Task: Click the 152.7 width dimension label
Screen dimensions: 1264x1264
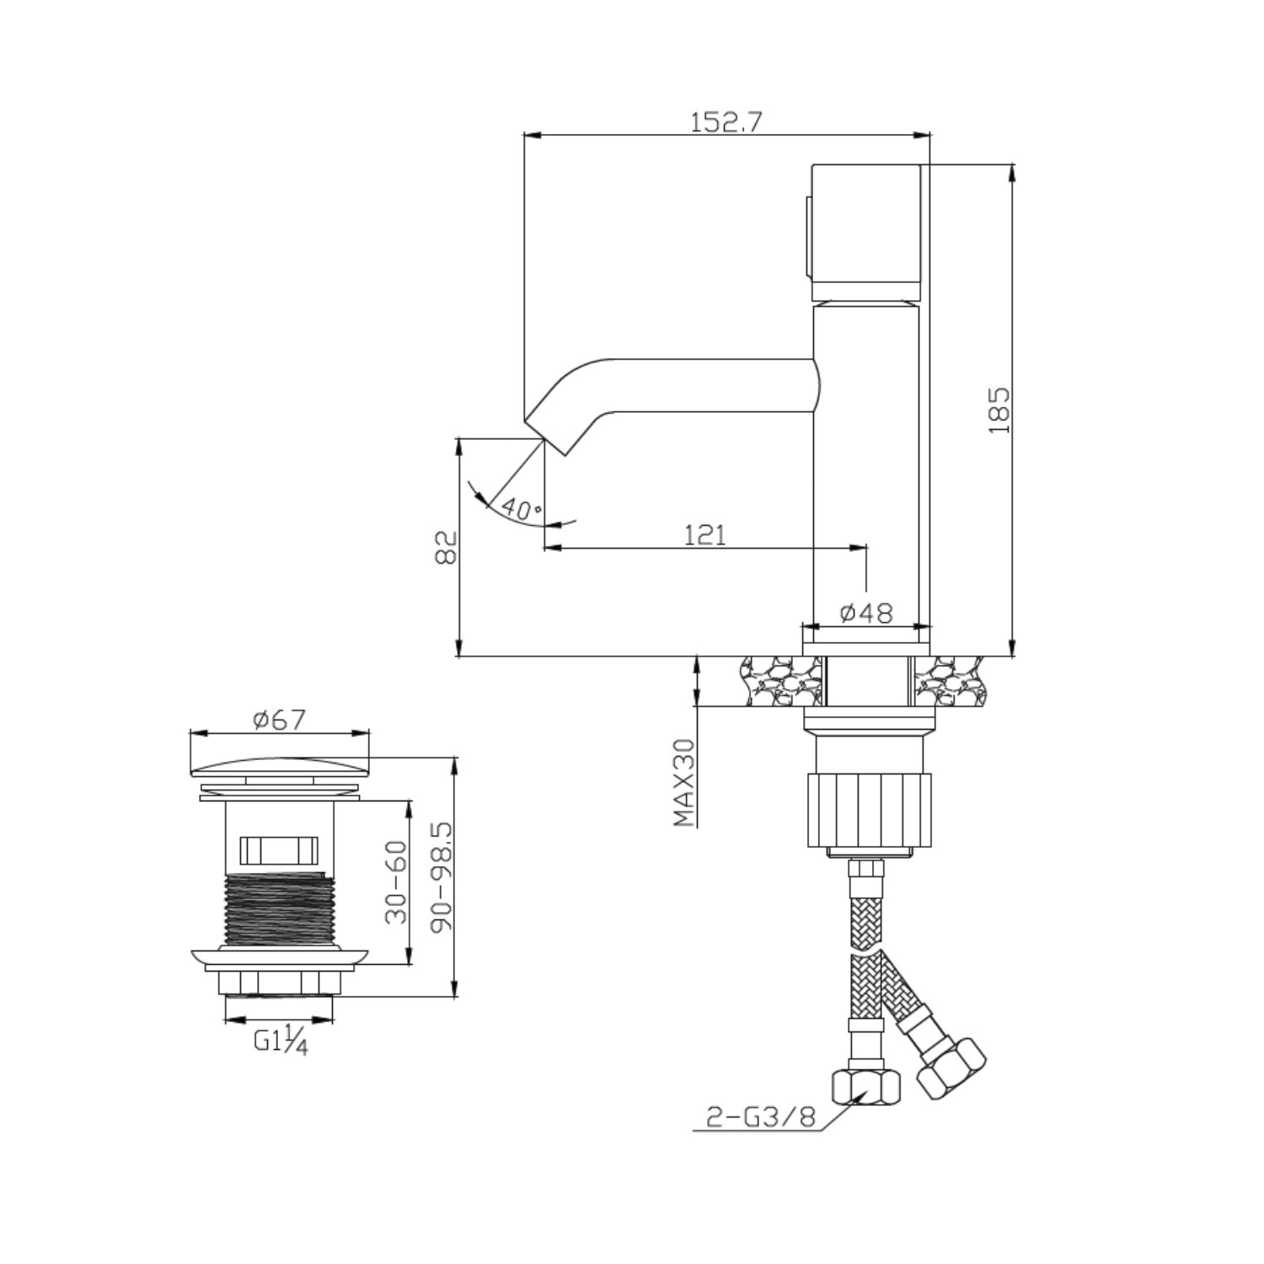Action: pyautogui.click(x=726, y=123)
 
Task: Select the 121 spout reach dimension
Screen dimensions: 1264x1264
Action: pyautogui.click(x=704, y=534)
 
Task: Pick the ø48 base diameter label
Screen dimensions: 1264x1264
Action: pyautogui.click(x=866, y=613)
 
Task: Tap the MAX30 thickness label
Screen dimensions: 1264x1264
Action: pyautogui.click(x=684, y=783)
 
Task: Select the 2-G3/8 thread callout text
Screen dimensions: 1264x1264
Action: pyautogui.click(x=761, y=1117)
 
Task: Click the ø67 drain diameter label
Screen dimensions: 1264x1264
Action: pyautogui.click(x=279, y=720)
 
